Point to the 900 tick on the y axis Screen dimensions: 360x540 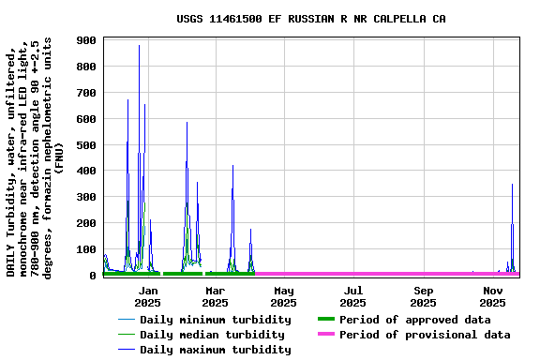coord(87,40)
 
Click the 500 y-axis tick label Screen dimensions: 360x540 coord(87,145)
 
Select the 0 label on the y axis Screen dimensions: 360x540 coord(94,276)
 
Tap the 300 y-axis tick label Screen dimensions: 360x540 coord(87,198)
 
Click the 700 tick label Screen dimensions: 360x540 coord(87,93)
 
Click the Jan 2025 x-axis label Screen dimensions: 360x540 coord(147,297)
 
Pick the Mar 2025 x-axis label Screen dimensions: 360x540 coord(216,297)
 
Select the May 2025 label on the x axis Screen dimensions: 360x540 coord(284,297)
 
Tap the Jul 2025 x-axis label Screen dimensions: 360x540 coord(352,297)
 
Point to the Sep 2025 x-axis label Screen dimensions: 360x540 coord(424,297)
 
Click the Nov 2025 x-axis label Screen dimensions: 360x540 coord(493,297)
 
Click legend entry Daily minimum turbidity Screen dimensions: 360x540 coord(215,320)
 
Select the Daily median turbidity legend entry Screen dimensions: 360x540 coord(212,335)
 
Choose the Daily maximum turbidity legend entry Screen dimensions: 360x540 coord(215,350)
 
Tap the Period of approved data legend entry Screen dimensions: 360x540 coord(415,320)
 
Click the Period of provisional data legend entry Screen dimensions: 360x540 coord(425,335)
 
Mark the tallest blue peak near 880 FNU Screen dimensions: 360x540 coord(139,46)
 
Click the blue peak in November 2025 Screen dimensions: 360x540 coord(512,185)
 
